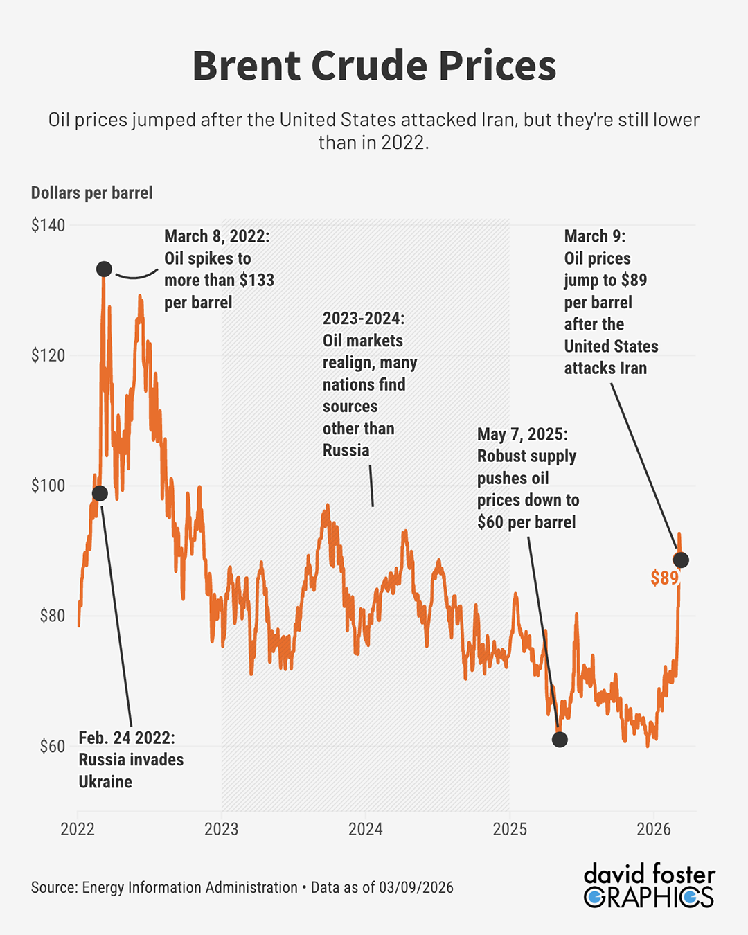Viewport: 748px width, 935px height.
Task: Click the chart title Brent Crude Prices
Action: pos(374,66)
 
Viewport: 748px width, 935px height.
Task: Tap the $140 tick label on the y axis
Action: pos(48,225)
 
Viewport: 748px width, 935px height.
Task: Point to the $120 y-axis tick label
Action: pos(48,355)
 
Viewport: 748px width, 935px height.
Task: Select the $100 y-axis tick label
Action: pos(48,486)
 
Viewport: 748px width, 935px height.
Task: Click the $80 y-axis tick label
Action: pos(52,616)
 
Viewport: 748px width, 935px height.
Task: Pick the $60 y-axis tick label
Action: pos(52,747)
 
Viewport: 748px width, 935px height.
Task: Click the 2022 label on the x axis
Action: pos(78,829)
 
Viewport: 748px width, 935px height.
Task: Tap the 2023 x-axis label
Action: pos(222,829)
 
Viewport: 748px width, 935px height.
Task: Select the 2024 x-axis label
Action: pos(366,829)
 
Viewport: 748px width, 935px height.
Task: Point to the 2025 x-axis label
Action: pos(510,829)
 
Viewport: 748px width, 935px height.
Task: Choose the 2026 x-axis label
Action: pos(654,829)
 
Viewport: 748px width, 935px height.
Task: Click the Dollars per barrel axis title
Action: pos(91,193)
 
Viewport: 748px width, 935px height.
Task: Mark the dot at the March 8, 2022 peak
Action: pos(104,269)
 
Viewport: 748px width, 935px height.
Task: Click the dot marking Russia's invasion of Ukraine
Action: pos(100,493)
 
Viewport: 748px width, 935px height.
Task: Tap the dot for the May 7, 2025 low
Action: pos(560,740)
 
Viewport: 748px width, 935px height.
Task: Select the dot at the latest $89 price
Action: pos(681,560)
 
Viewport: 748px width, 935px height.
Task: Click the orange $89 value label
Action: pos(664,578)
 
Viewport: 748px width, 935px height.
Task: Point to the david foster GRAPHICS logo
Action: pos(649,885)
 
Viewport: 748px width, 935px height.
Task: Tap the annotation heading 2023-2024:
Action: pos(364,319)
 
